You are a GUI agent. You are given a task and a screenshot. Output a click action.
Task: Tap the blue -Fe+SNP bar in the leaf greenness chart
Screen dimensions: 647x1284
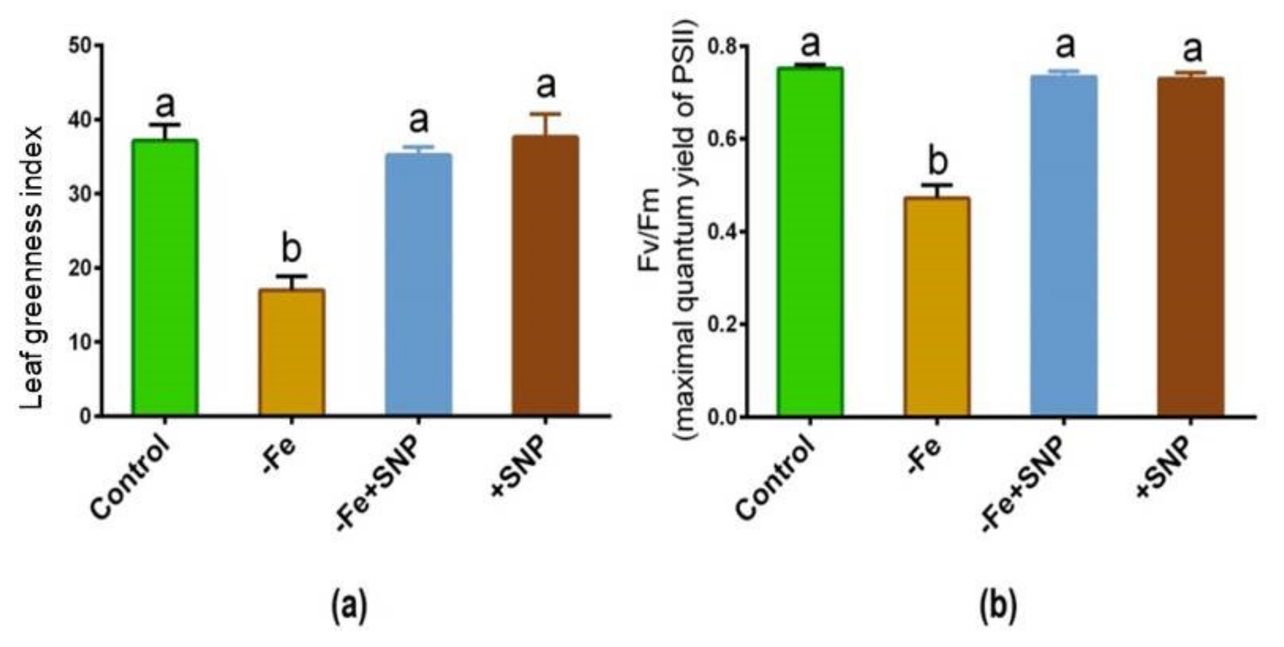tap(418, 284)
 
